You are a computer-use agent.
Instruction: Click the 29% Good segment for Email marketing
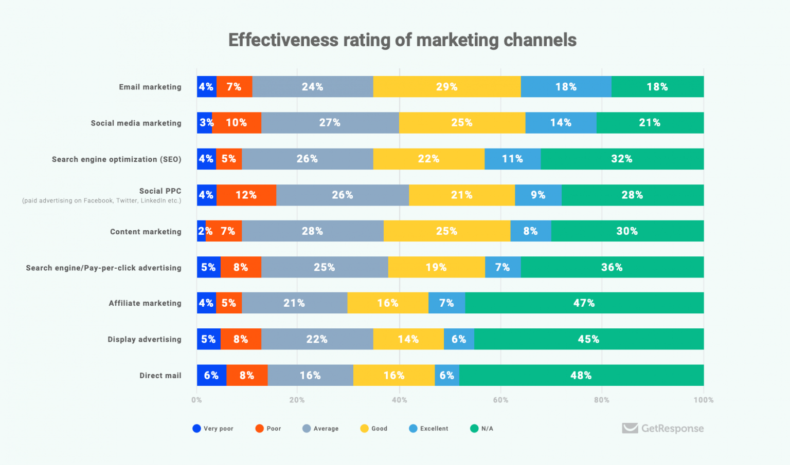click(446, 87)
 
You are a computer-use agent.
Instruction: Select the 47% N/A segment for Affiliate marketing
click(584, 303)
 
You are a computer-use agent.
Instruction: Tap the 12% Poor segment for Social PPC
click(246, 195)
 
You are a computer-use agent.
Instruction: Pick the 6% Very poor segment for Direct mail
click(211, 376)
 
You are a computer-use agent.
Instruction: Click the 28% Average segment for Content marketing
click(312, 231)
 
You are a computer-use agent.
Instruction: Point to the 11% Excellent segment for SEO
click(512, 159)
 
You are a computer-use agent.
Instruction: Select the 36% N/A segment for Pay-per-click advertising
click(612, 267)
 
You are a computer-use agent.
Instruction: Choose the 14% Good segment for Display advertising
click(408, 339)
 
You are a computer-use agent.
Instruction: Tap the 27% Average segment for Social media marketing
click(330, 123)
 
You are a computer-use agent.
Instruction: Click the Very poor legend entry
click(213, 429)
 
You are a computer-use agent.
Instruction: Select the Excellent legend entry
click(429, 429)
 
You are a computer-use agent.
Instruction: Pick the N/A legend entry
click(482, 429)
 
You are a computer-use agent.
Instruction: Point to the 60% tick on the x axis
click(500, 400)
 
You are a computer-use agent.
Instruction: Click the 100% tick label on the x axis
click(703, 400)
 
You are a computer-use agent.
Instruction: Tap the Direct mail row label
click(160, 376)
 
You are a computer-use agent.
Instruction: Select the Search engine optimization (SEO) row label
click(116, 159)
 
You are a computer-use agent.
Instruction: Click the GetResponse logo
click(662, 428)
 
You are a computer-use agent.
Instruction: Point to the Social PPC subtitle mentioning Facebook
click(101, 201)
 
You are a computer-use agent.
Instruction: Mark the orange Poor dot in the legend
click(259, 429)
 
